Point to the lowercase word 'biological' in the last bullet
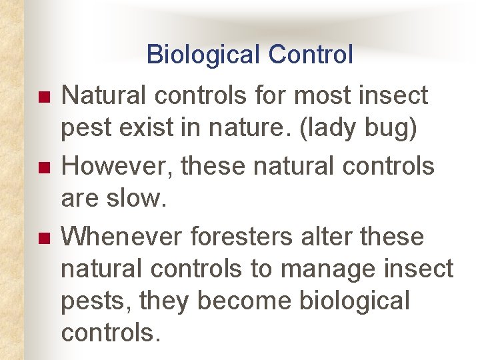click(x=355, y=301)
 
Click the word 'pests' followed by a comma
click(x=91, y=302)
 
